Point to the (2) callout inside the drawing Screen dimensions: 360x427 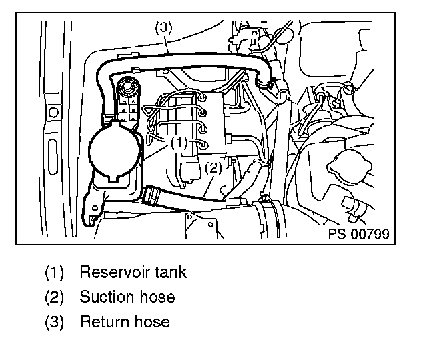211,168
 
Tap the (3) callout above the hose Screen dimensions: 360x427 163,28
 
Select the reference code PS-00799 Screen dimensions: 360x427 358,234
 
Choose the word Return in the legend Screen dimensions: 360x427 102,322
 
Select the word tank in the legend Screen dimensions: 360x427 170,273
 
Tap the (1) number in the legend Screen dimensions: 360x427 55,273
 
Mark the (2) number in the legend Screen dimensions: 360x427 55,297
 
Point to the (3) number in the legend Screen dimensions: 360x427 55,322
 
